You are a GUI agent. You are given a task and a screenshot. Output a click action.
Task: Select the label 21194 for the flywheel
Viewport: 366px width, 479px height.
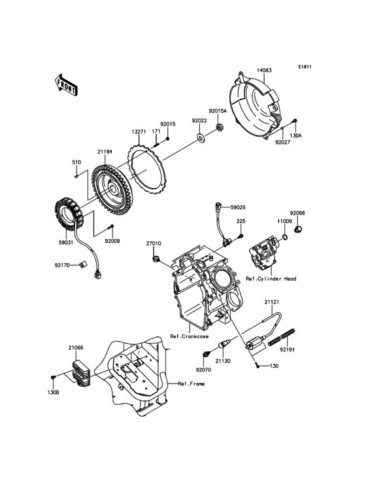point(105,151)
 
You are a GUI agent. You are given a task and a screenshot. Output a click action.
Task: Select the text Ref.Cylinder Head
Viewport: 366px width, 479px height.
point(271,279)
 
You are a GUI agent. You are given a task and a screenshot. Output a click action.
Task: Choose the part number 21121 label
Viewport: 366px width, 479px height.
point(272,302)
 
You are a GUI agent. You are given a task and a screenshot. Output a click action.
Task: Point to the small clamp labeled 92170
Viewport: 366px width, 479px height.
point(83,265)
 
